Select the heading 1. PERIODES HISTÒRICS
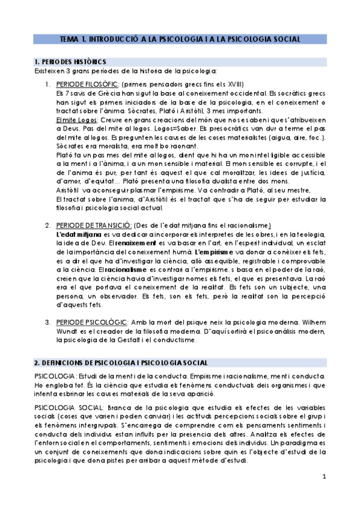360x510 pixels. tap(70, 62)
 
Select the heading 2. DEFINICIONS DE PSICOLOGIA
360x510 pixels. tap(121, 363)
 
